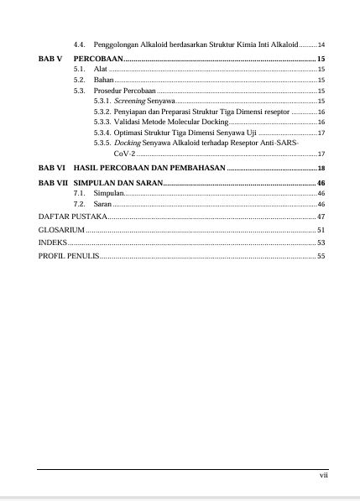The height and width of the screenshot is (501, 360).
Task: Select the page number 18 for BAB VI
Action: pos(321,169)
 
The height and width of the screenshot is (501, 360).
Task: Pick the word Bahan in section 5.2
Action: pos(103,79)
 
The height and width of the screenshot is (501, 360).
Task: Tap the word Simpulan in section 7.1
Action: pos(109,193)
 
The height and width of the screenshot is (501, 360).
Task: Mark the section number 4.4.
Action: pos(79,43)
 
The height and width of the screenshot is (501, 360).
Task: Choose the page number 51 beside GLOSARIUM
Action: pos(321,228)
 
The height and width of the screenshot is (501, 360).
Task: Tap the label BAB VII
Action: pos(53,182)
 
